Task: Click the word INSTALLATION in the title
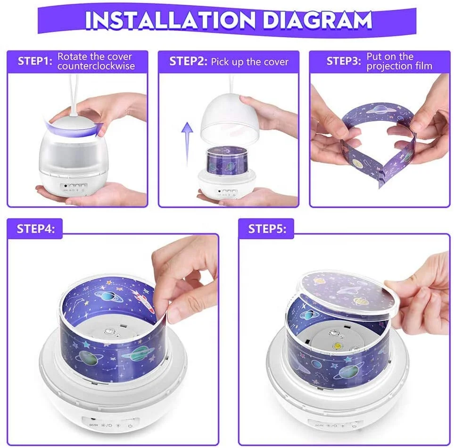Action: (x=171, y=20)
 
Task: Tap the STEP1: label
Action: (x=35, y=61)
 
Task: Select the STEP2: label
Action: (x=188, y=61)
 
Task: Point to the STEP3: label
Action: (x=344, y=61)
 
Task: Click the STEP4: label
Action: (x=36, y=229)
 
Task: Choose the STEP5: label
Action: (x=267, y=229)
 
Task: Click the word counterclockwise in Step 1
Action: (x=96, y=66)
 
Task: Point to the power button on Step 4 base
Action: (x=130, y=426)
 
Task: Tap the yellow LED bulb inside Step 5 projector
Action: (x=338, y=346)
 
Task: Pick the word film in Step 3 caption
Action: (x=424, y=66)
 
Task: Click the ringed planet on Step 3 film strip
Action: (x=380, y=110)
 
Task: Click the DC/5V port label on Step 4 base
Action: (x=93, y=425)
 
